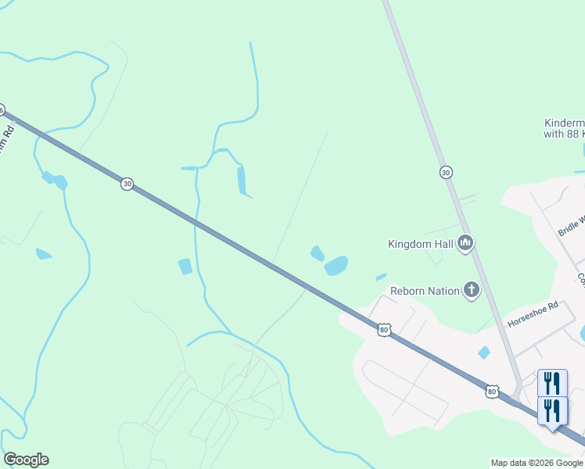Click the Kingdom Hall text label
421,244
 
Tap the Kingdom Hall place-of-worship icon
465,244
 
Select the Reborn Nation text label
425,291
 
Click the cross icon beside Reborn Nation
471,291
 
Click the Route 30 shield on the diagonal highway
127,184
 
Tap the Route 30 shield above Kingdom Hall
446,172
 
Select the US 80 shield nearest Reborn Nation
383,330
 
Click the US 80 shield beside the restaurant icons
491,390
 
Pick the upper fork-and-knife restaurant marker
552,383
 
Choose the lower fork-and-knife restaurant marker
552,410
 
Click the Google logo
26,460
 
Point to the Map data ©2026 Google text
537,463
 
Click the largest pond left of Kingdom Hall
336,266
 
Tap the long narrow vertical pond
241,180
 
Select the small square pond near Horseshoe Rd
484,353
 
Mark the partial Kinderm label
564,128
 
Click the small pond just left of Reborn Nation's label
381,277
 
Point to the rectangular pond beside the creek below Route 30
185,267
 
